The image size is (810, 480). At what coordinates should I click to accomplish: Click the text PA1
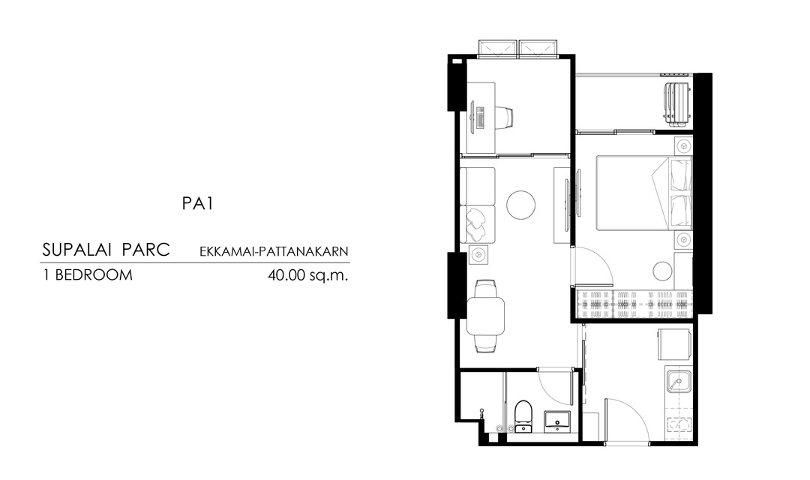point(197,203)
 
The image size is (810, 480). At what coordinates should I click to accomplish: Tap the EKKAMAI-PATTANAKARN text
point(274,252)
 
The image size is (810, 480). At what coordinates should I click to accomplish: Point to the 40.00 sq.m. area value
point(308,275)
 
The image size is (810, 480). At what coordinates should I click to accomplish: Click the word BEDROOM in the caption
point(94,275)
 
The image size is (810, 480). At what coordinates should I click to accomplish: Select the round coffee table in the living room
point(520,205)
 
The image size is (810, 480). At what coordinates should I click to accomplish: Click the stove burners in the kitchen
point(679,424)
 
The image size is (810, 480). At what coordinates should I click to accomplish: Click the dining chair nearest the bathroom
point(486,344)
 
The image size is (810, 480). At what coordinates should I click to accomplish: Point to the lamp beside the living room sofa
point(478,255)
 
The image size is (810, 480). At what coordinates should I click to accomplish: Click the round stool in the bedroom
point(662,271)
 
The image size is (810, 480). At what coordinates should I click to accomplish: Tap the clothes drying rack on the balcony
point(677,103)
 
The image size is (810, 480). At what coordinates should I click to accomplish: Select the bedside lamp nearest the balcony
point(683,145)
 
